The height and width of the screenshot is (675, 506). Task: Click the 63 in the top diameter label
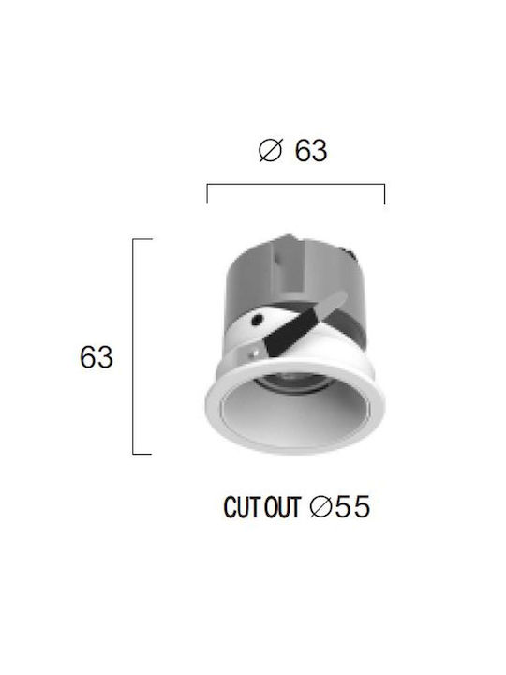[311, 150]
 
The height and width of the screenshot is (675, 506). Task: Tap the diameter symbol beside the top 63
[270, 150]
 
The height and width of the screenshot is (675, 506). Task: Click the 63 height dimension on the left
[96, 357]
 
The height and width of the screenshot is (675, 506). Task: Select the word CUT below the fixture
[240, 506]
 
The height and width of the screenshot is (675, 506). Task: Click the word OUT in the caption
[282, 506]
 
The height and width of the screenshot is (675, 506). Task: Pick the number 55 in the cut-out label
[352, 506]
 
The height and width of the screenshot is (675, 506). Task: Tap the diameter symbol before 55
[321, 506]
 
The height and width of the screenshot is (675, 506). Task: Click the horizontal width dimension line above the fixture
[296, 185]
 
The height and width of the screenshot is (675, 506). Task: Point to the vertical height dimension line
[133, 346]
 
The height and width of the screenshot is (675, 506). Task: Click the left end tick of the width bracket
[207, 194]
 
